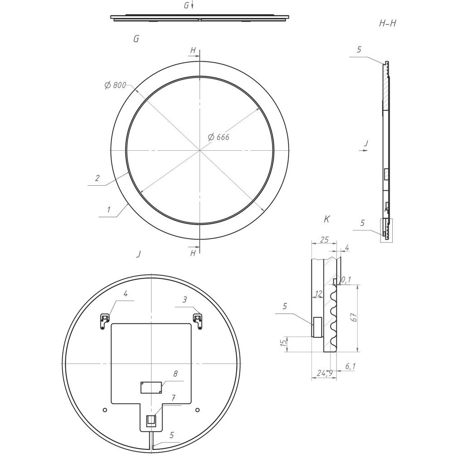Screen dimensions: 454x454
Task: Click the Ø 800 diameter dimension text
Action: tap(115, 85)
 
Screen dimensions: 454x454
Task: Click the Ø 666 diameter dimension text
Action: tap(219, 137)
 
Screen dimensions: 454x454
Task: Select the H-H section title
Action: tap(387, 24)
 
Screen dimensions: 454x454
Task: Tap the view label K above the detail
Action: tap(326, 219)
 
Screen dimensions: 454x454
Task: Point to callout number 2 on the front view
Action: tap(97, 178)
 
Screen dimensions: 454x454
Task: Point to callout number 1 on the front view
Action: tap(109, 209)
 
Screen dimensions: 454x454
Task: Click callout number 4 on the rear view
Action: tap(125, 294)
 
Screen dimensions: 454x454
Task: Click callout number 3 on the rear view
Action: tap(185, 299)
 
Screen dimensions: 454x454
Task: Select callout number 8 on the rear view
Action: tap(175, 374)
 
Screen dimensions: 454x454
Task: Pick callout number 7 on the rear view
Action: tap(173, 398)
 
